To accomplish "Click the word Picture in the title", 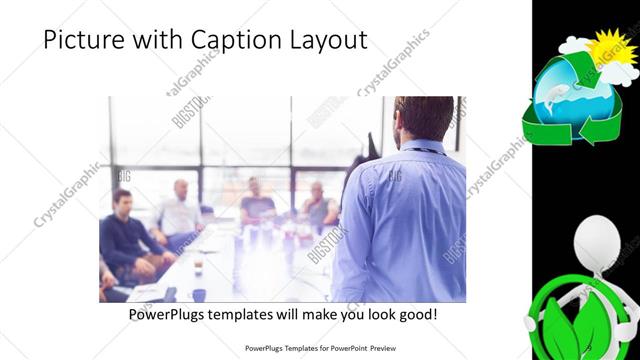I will pos(79,41).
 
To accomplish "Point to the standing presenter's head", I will pos(414,118).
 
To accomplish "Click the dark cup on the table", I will pos(199,294).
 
